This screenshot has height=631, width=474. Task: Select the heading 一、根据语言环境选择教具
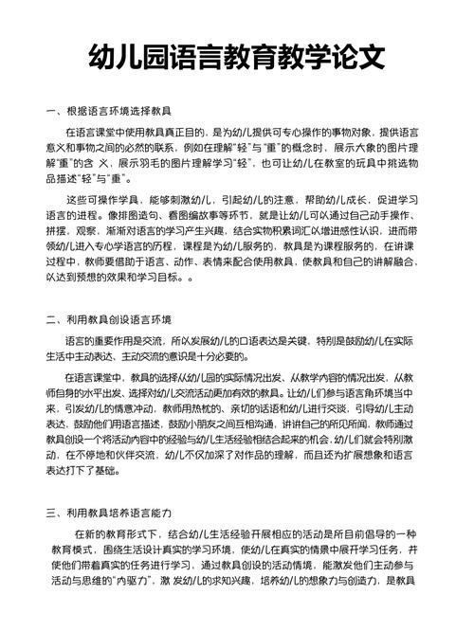[108, 112]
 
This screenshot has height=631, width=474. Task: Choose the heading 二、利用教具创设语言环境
[108, 318]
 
